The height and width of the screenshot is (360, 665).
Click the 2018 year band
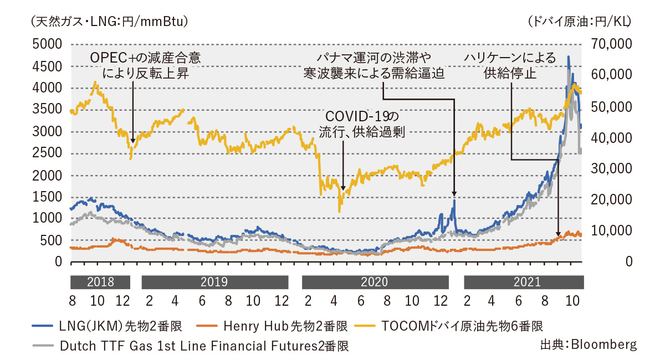coord(100,282)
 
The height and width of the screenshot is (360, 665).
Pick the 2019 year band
coord(214,282)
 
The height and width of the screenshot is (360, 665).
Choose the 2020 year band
coord(375,282)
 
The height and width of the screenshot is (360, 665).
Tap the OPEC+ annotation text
coord(145,65)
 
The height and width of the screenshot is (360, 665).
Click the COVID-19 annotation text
coord(361,124)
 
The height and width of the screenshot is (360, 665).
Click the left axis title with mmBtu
coord(103,22)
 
